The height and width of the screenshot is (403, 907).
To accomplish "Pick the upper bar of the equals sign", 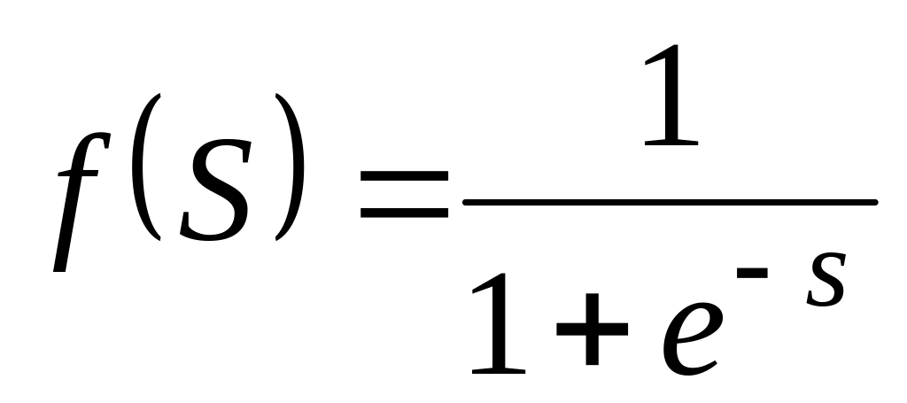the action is point(403,189).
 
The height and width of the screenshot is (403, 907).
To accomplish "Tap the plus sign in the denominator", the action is point(591,329).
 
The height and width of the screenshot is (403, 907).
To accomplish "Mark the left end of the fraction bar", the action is point(466,204).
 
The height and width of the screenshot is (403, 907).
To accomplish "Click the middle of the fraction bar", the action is point(670,204).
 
